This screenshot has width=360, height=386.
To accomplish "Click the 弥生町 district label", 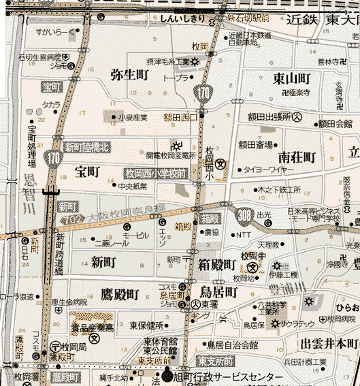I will pyautogui.click(x=129, y=74).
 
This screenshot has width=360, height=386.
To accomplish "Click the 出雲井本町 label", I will pyautogui.click(x=329, y=342).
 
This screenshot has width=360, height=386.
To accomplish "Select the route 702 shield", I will pyautogui.click(x=69, y=221).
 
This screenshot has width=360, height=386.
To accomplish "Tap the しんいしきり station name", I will pyautogui.click(x=182, y=20).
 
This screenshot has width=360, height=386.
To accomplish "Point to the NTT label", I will pyautogui.click(x=242, y=235).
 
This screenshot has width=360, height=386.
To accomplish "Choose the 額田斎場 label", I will pyautogui.click(x=255, y=144).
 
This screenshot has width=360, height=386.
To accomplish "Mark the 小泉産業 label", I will pyautogui.click(x=133, y=118).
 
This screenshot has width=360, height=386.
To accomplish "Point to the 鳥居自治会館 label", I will pyautogui.click(x=234, y=344).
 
